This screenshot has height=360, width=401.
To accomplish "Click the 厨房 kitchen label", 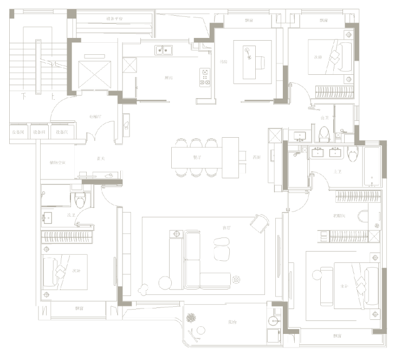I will [169, 78].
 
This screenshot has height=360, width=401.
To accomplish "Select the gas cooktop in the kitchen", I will [205, 77].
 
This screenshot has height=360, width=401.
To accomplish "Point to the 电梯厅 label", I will [95, 117].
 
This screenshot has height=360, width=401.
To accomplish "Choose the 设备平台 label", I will [114, 18].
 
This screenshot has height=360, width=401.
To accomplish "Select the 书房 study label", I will [223, 62].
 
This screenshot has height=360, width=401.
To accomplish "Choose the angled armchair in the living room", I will [260, 222].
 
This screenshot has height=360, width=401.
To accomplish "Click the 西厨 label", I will [257, 157].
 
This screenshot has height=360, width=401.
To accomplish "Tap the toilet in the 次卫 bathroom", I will [81, 200].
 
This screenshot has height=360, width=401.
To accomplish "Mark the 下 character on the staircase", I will [23, 97].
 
